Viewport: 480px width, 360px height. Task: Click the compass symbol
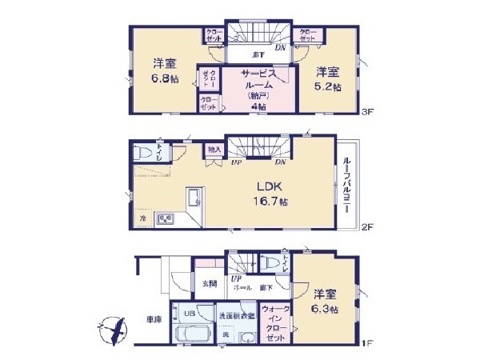coord(112,329)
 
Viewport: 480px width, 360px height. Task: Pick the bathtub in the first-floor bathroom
coord(189,334)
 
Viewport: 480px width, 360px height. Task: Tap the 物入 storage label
coord(213,150)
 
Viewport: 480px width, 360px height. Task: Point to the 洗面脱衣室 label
coord(237,315)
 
